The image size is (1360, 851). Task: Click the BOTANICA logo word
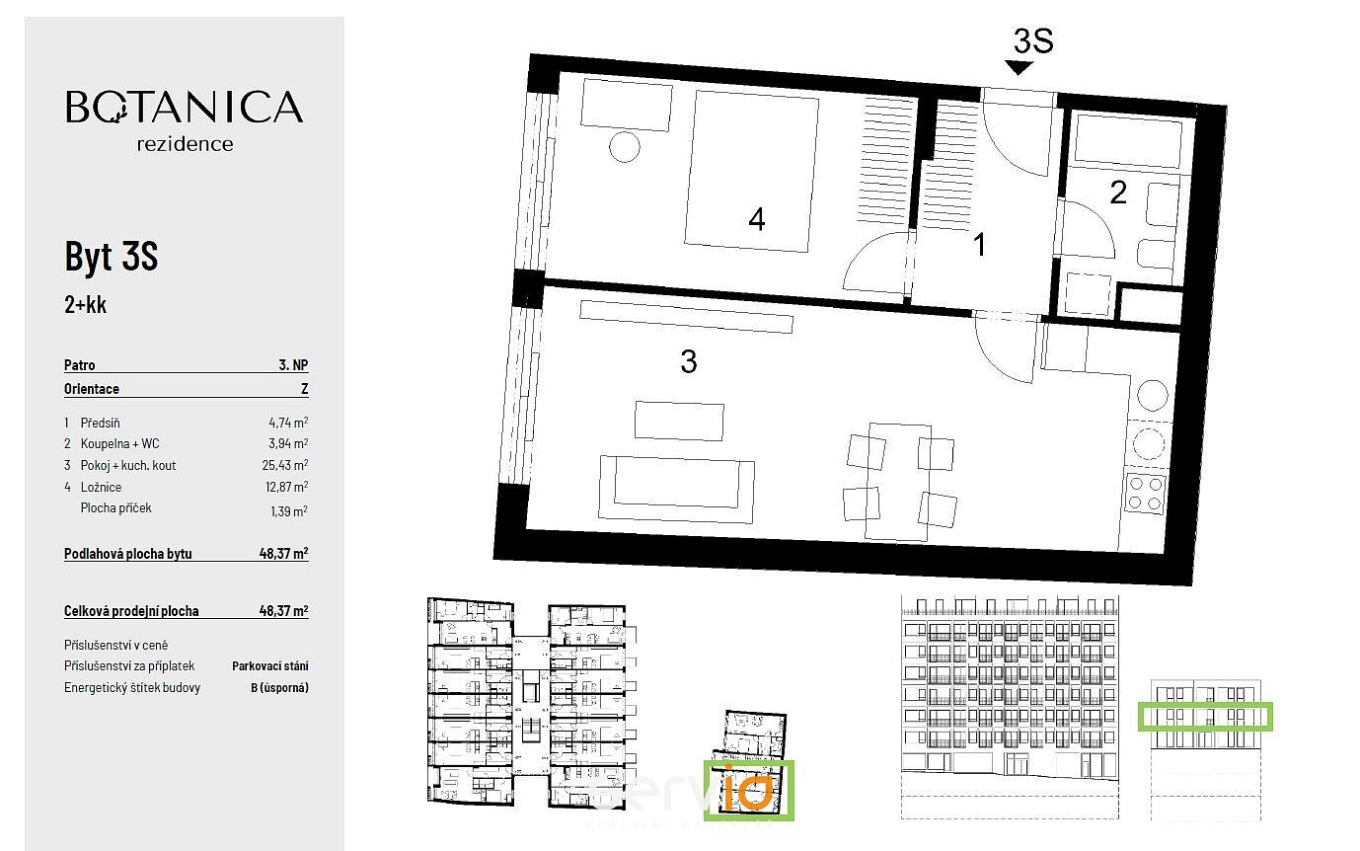tap(184, 107)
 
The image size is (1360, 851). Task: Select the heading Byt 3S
tap(112, 257)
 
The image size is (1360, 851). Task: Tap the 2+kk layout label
tap(85, 304)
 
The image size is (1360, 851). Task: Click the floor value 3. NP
tap(293, 364)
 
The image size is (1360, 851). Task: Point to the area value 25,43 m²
tap(285, 465)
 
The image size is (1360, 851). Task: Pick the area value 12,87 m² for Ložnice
tap(286, 487)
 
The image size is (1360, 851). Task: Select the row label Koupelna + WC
tap(119, 443)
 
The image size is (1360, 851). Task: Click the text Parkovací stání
tap(270, 665)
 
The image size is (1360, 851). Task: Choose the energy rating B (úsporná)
tap(279, 687)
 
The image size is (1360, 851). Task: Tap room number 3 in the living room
tap(689, 361)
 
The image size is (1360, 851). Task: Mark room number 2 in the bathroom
tap(1118, 193)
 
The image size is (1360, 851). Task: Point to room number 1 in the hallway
tap(979, 244)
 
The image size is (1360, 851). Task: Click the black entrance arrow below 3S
tap(1019, 67)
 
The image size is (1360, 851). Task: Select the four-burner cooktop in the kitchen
tap(1145, 494)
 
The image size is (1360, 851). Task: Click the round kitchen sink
tap(1152, 395)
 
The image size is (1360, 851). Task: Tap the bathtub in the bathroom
tap(1127, 142)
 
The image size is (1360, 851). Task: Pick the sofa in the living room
tap(676, 489)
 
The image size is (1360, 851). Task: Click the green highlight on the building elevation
tap(1205, 717)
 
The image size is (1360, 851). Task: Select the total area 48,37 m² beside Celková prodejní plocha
tap(283, 610)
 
